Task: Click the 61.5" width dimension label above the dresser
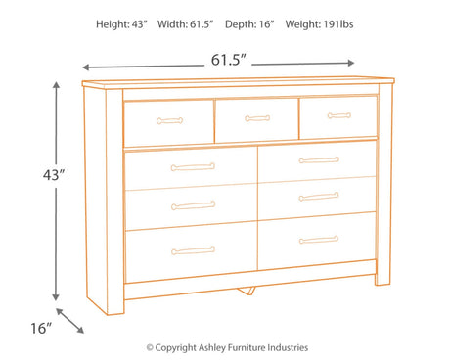click(x=228, y=60)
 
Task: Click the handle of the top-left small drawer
click(x=169, y=121)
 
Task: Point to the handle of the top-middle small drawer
click(x=257, y=119)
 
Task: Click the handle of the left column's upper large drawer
click(x=193, y=167)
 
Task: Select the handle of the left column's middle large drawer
click(x=193, y=205)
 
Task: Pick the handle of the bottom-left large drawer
click(x=193, y=250)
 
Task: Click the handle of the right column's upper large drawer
click(x=319, y=160)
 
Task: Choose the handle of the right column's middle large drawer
click(x=319, y=197)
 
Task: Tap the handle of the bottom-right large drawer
click(x=319, y=239)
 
